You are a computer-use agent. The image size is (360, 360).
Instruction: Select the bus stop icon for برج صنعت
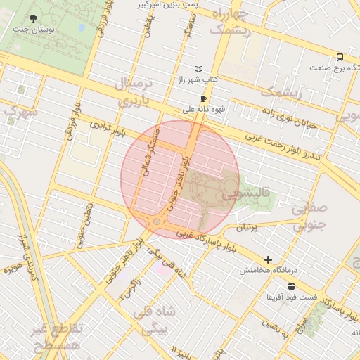[340, 56]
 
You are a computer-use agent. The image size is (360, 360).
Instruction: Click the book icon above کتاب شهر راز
[199, 68]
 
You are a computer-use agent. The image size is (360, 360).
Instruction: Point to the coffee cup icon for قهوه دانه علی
[203, 99]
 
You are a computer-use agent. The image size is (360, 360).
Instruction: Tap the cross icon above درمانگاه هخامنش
[268, 259]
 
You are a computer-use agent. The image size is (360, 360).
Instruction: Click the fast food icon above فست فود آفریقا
[291, 285]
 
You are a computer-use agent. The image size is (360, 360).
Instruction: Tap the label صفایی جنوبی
[309, 217]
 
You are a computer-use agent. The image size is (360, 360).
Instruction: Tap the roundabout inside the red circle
[156, 222]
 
